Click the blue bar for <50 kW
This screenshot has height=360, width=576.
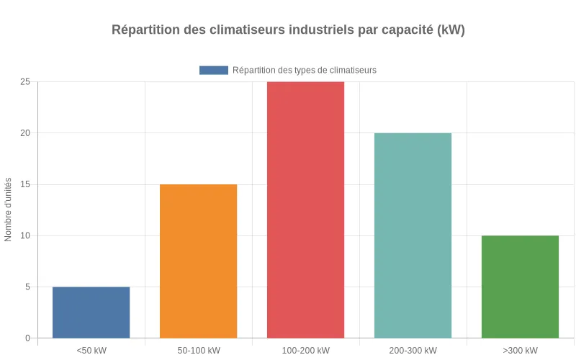click(91, 312)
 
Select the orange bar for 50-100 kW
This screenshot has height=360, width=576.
click(198, 261)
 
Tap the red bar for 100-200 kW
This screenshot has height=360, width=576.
click(305, 210)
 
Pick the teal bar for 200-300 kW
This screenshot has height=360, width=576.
click(413, 235)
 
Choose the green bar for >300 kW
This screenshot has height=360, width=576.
click(520, 287)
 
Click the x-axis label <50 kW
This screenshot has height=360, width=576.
click(91, 351)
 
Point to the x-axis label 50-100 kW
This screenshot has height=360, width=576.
click(198, 351)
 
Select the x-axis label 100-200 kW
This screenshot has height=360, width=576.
click(305, 351)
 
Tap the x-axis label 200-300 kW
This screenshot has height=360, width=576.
click(413, 351)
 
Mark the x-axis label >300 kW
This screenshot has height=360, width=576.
click(520, 351)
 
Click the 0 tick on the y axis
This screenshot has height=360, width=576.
click(27, 338)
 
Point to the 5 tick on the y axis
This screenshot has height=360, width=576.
click(27, 287)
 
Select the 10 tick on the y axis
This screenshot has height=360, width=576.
click(25, 235)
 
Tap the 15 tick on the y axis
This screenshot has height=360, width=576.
click(25, 184)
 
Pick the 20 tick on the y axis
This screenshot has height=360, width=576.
click(25, 133)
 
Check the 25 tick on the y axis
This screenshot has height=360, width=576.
click(25, 82)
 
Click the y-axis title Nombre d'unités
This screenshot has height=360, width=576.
click(9, 210)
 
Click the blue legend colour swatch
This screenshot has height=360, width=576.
click(213, 70)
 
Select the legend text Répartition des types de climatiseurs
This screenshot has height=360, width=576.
click(304, 70)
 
